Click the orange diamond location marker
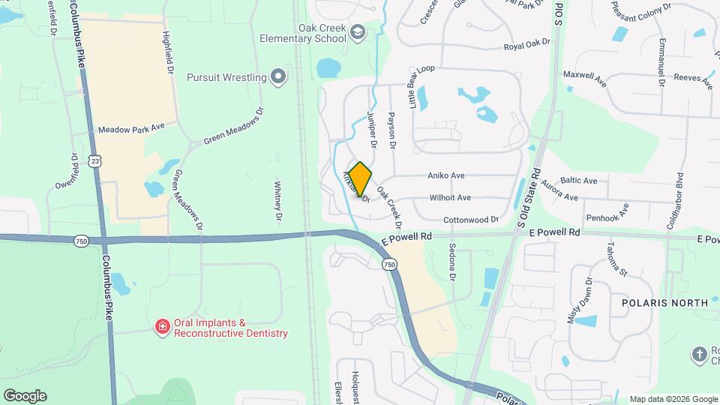[360, 178]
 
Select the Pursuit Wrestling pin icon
[278, 76]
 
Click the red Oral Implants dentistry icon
[161, 326]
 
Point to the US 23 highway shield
[94, 160]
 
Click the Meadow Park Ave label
[131, 129]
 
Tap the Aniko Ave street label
[446, 175]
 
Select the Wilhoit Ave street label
[450, 198]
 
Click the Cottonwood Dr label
[471, 220]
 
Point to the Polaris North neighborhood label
[664, 303]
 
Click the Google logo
[25, 395]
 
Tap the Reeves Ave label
[691, 77]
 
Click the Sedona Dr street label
[452, 262]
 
